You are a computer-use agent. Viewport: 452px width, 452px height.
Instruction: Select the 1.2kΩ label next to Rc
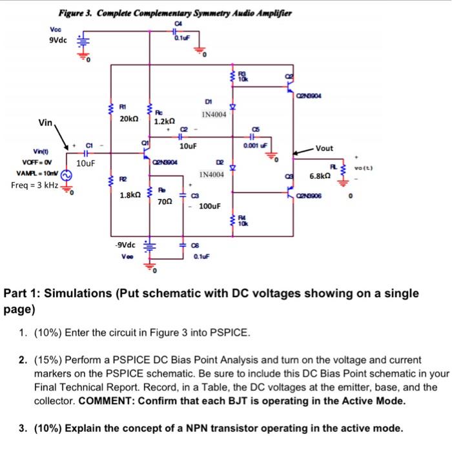pos(165,120)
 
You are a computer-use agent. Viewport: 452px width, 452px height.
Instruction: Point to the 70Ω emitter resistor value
pos(166,201)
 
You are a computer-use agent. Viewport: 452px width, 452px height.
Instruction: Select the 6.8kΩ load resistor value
pos(320,176)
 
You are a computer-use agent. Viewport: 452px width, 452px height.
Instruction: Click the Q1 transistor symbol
pos(147,154)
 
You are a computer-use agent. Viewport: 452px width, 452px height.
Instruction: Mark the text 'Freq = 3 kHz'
pos(34,186)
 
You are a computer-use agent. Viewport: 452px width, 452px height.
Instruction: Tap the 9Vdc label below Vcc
pos(57,39)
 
